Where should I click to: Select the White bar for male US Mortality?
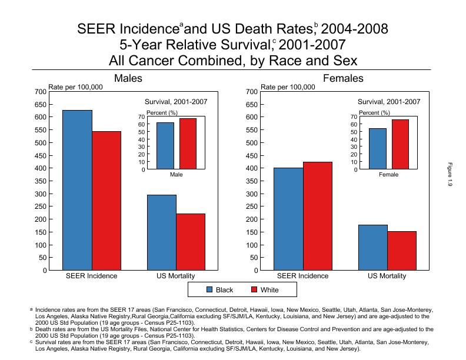point(191,242)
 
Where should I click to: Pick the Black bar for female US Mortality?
point(372,247)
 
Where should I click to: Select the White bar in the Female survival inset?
point(400,144)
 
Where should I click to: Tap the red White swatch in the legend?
point(254,290)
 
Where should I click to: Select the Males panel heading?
point(128,78)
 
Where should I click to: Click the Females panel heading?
point(343,78)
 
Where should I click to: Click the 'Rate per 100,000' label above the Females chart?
point(288,87)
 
